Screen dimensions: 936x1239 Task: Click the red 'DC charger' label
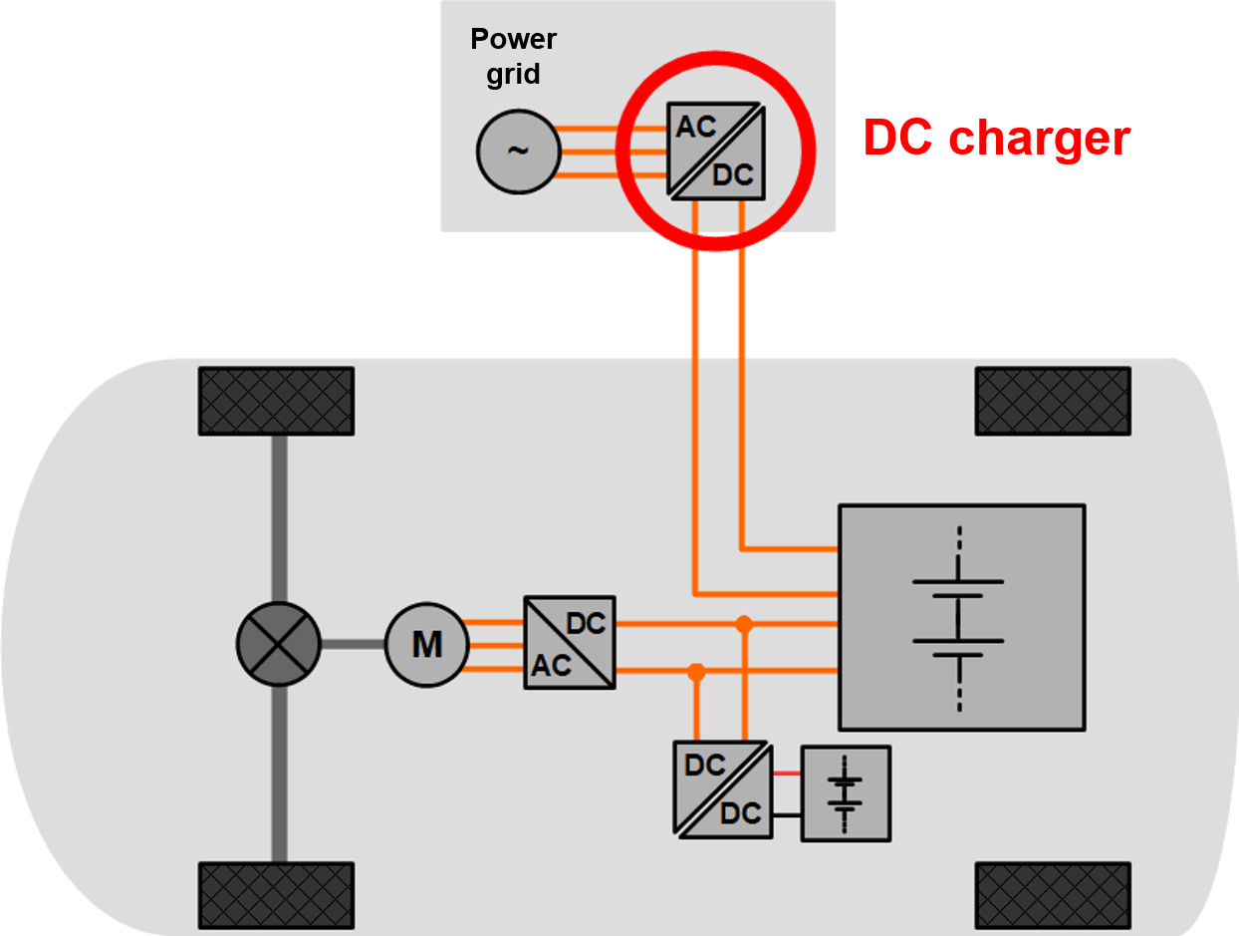pyautogui.click(x=996, y=138)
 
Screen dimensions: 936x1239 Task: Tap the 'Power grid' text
pyautogui.click(x=514, y=57)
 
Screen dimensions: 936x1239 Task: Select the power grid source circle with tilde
pyautogui.click(x=518, y=151)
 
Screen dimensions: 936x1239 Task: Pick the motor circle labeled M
pyautogui.click(x=426, y=645)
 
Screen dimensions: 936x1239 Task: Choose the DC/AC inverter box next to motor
pyautogui.click(x=570, y=643)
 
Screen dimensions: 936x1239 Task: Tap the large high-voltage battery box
pyautogui.click(x=961, y=617)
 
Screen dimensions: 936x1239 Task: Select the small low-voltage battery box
pyautogui.click(x=846, y=793)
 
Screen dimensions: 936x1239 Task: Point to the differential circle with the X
pyautogui.click(x=279, y=644)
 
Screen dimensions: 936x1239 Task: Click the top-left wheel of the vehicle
pyautogui.click(x=276, y=401)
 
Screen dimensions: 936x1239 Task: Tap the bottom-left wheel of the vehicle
pyautogui.click(x=276, y=896)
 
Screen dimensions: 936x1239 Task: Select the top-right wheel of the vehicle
pyautogui.click(x=1053, y=401)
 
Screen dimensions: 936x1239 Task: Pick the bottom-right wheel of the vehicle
pyautogui.click(x=1053, y=896)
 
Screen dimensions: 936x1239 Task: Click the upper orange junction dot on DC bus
pyautogui.click(x=743, y=624)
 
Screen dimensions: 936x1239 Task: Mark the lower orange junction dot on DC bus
pyautogui.click(x=696, y=672)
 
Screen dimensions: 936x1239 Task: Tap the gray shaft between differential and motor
pyautogui.click(x=353, y=644)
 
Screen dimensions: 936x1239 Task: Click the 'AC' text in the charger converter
pyautogui.click(x=697, y=127)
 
